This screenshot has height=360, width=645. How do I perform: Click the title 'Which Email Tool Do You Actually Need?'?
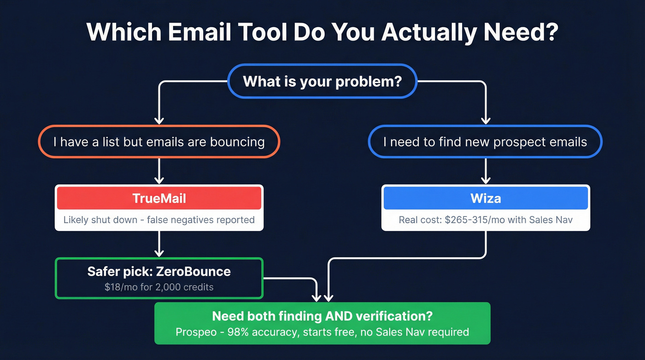pos(322,32)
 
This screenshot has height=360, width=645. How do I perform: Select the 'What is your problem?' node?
pos(322,81)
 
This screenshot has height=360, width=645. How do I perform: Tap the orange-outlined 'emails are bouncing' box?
pos(159,142)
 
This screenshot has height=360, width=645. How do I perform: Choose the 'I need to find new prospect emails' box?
pos(485,142)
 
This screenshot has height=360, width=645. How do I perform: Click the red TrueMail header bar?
pos(159,198)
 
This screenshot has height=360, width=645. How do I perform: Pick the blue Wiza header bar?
pos(486,198)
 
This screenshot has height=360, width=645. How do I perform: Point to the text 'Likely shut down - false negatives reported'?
pos(159,219)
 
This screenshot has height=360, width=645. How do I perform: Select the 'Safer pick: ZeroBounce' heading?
pos(159,271)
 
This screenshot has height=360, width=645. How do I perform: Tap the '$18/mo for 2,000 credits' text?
pos(159,287)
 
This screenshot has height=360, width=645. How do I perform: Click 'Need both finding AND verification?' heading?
pos(322,316)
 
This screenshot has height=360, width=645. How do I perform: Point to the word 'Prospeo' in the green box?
pos(194,332)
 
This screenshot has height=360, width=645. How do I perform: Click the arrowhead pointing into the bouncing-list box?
pos(159,120)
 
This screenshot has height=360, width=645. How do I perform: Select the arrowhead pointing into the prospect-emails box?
pos(486,120)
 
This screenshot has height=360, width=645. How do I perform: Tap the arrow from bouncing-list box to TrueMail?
pos(159,171)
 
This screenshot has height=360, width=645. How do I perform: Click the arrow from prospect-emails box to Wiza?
pos(486,171)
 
